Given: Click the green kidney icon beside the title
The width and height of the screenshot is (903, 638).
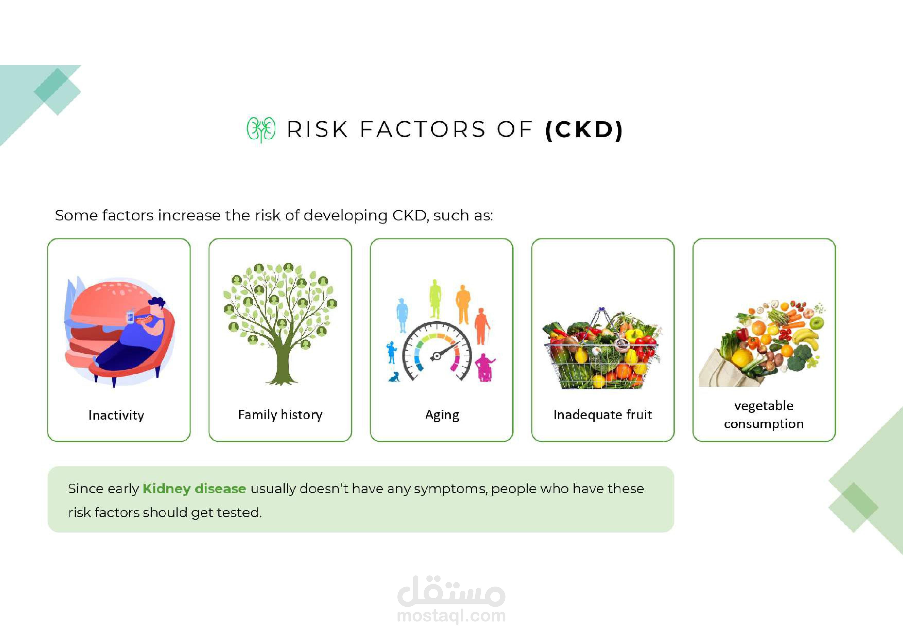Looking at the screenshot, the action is click(x=261, y=129).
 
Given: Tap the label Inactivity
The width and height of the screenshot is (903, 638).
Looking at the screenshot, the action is click(x=116, y=415).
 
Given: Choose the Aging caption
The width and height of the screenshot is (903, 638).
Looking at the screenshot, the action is click(x=442, y=415).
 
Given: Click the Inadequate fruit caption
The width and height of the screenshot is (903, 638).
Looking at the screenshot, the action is click(x=602, y=415).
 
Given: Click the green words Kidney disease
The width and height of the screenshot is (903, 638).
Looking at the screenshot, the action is click(x=194, y=489).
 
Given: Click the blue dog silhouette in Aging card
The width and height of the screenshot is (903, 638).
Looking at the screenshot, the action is click(x=394, y=377).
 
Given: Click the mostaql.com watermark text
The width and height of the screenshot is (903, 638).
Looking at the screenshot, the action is click(x=451, y=616).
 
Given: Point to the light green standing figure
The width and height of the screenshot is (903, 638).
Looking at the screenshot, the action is click(x=435, y=298).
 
